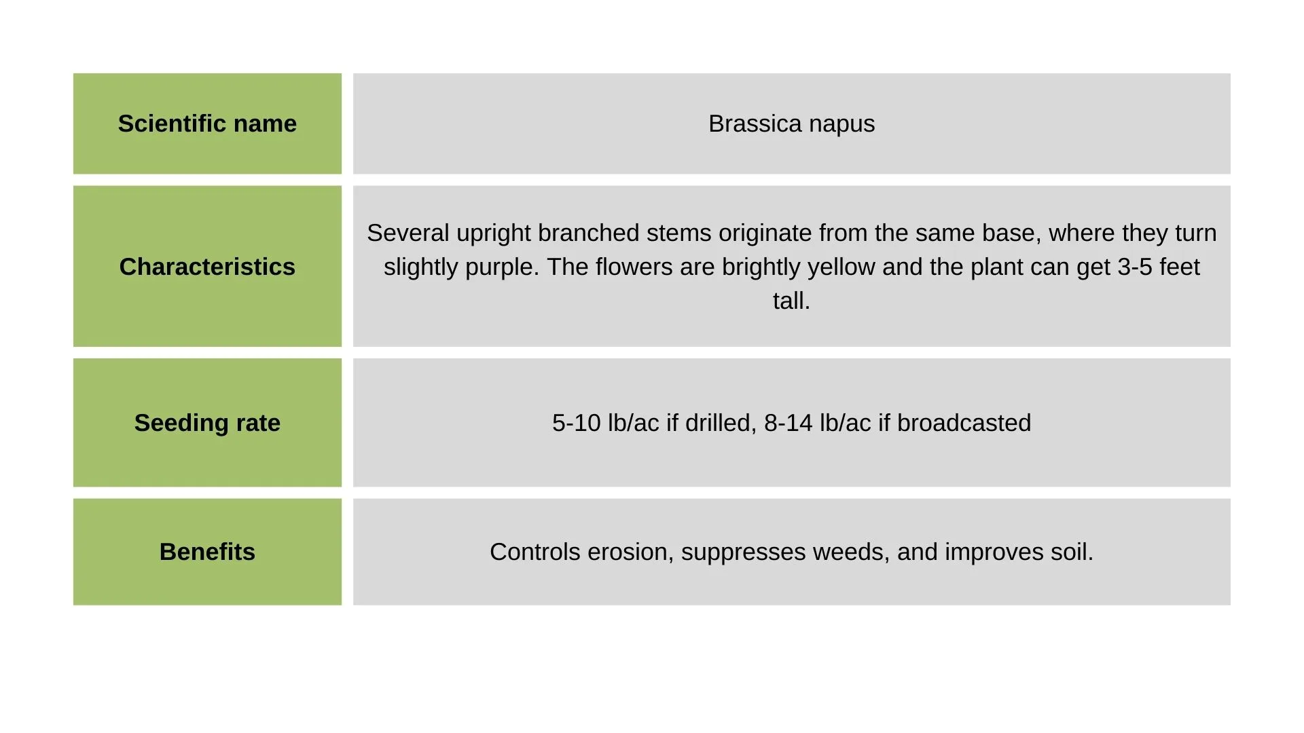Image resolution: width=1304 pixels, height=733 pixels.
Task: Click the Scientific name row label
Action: click(x=207, y=124)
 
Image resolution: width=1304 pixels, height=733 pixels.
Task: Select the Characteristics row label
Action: click(x=207, y=267)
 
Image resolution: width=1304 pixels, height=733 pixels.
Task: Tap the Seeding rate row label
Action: click(x=207, y=423)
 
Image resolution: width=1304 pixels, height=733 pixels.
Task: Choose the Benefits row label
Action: click(x=207, y=552)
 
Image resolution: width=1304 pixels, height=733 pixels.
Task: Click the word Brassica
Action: click(x=755, y=124)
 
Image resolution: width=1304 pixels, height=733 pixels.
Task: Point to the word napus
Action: click(x=842, y=125)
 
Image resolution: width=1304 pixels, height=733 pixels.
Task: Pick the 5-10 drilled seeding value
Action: click(x=576, y=423)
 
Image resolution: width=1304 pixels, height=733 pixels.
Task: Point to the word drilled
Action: click(x=721, y=423)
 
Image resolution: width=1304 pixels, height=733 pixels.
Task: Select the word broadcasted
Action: click(x=964, y=423)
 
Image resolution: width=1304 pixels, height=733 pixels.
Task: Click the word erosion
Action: click(x=630, y=552)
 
